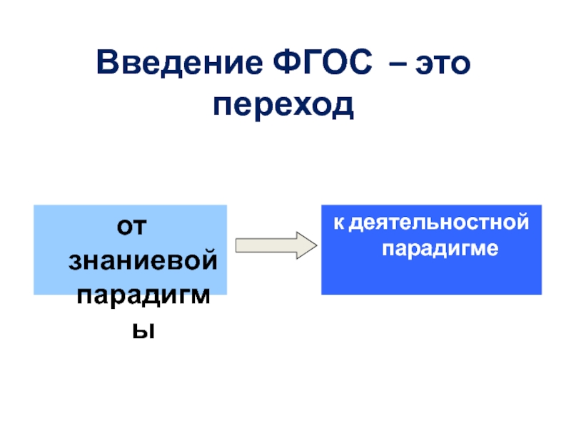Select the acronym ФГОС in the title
[324, 65]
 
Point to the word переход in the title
[283, 106]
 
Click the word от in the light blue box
[131, 228]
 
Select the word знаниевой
[142, 262]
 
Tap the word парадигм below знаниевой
[142, 295]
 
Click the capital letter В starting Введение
[108, 65]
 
